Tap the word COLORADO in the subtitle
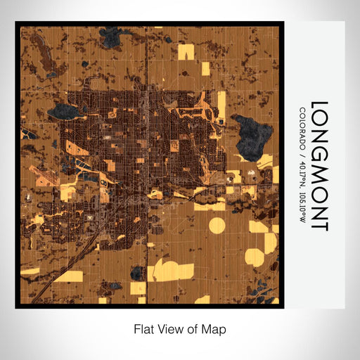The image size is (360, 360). pos(302,127)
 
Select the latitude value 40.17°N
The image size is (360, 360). pos(302,170)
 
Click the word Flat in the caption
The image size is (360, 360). pos(144,328)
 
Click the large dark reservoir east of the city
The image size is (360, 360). pos(251,136)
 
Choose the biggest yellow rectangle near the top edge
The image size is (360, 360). pos(186,51)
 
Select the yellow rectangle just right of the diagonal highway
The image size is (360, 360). pos(69,276)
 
